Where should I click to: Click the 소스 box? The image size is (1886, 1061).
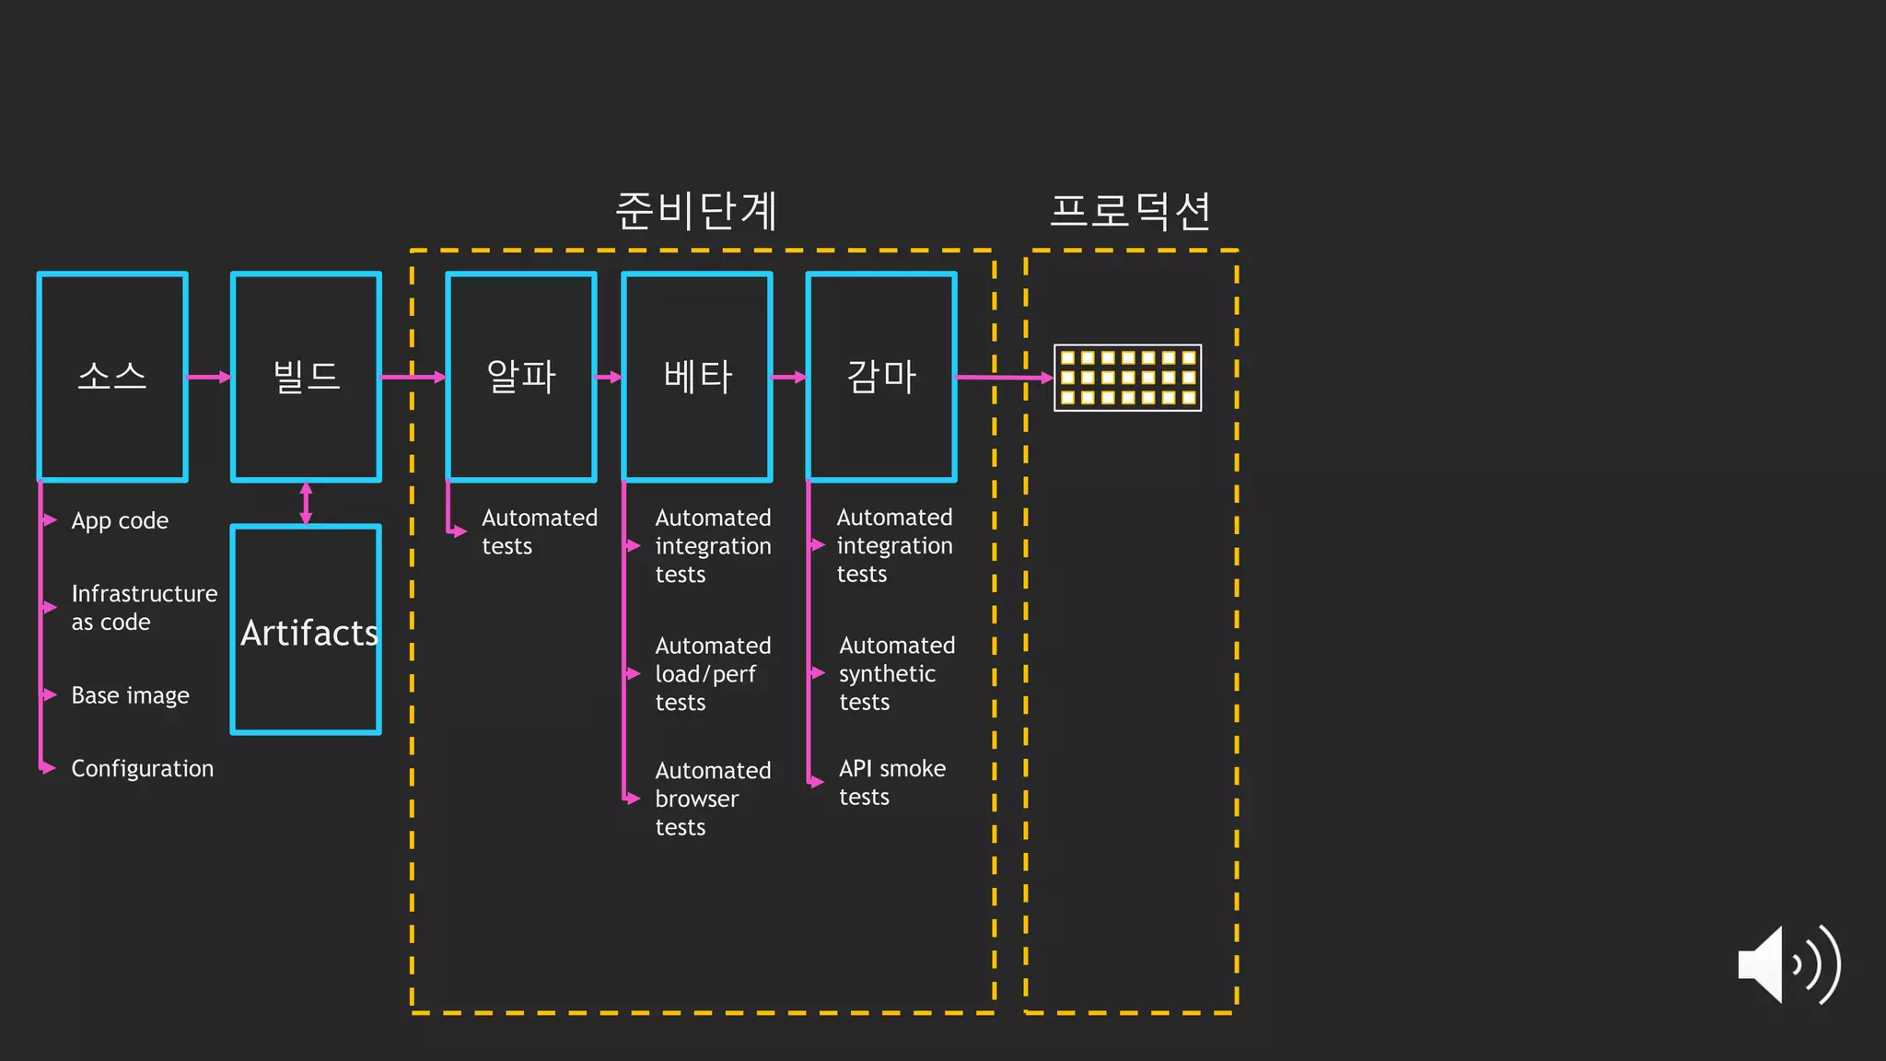112,377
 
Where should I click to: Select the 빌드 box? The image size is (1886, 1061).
306,377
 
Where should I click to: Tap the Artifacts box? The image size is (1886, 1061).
306,630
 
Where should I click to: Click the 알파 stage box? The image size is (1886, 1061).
521,377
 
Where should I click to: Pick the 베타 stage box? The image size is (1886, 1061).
697,377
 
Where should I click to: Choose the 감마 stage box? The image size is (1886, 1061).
881,377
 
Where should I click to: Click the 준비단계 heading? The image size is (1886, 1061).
696,211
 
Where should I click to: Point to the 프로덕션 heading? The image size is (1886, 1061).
1130,211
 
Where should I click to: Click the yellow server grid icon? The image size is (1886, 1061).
1127,378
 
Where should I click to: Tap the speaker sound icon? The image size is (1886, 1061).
1787,964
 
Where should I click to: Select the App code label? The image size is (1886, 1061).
120,521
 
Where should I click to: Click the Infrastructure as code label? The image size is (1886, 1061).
144,608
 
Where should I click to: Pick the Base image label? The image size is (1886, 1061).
130,695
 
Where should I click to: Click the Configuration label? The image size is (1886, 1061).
142,768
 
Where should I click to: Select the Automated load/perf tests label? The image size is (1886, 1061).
712,674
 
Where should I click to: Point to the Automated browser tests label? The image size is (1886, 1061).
712,799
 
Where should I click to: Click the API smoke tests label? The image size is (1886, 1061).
891,782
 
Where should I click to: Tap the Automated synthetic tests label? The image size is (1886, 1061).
896,673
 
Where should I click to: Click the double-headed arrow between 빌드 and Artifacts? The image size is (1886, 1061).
306,503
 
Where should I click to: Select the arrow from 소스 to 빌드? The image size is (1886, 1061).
209,377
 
